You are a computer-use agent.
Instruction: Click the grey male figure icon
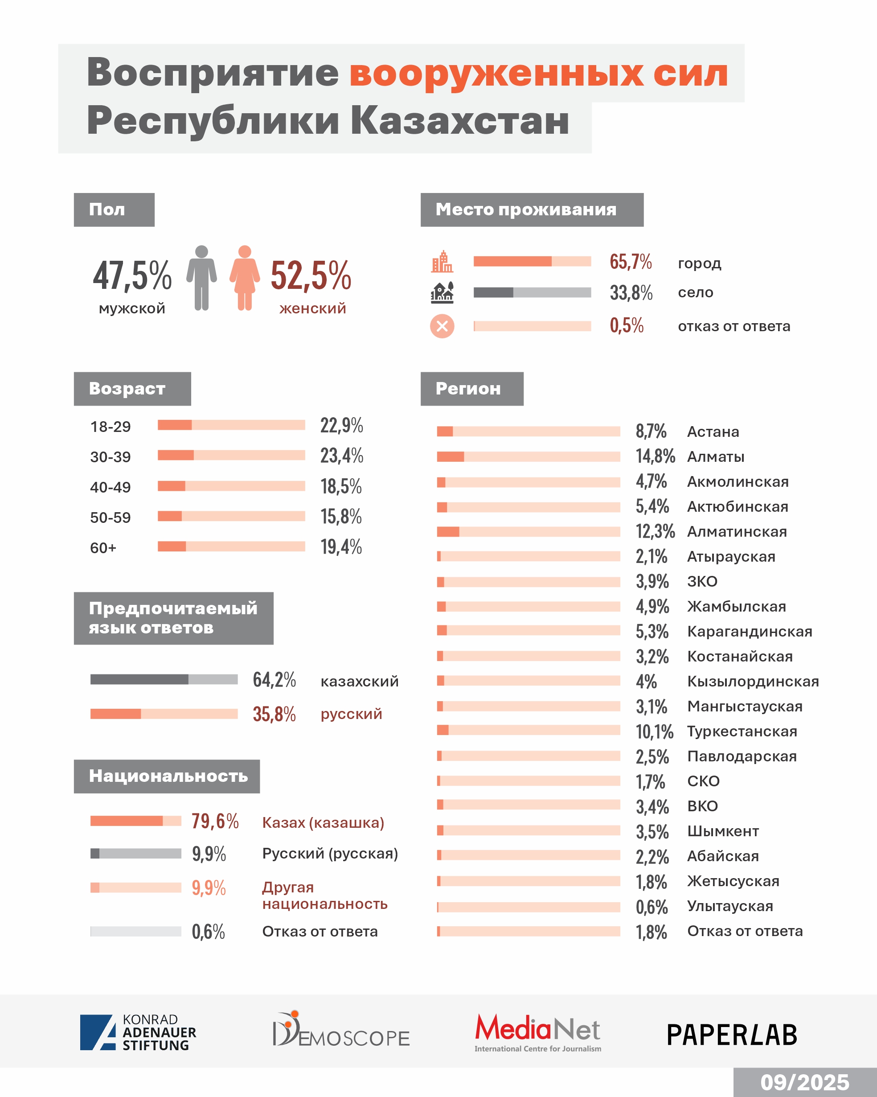(201, 278)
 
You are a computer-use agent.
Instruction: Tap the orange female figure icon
(245, 278)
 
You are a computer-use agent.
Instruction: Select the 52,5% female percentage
(311, 275)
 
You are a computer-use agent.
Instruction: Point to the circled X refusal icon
(442, 326)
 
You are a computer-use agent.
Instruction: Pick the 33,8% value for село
(631, 293)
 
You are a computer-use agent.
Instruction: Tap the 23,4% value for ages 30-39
(341, 456)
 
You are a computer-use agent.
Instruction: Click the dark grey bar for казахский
(139, 679)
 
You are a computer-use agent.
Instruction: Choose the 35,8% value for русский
(274, 714)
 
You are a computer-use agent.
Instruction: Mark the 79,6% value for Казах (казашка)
(215, 821)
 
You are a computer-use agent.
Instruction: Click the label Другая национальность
(324, 896)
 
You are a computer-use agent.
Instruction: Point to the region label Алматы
(716, 457)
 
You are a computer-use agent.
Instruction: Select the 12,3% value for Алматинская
(655, 531)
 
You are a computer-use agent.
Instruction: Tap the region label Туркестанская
(742, 731)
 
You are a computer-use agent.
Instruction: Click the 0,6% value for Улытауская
(652, 907)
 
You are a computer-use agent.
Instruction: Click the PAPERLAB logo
(732, 1035)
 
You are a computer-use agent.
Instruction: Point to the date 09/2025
(805, 1082)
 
